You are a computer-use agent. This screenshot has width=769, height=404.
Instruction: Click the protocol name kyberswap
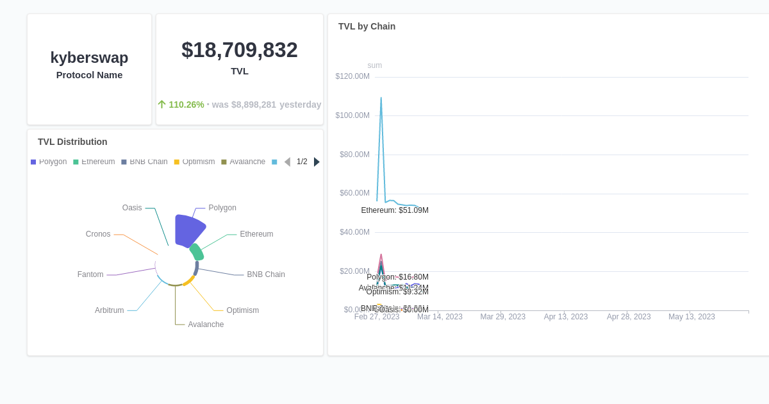(x=89, y=58)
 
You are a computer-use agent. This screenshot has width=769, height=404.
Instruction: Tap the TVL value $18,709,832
(x=239, y=50)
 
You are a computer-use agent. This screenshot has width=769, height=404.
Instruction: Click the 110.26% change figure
(x=186, y=105)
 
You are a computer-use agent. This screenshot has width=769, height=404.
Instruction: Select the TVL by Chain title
(x=367, y=26)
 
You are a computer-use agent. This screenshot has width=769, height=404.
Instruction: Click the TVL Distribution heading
(x=72, y=142)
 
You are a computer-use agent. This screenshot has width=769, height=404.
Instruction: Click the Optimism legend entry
(x=195, y=162)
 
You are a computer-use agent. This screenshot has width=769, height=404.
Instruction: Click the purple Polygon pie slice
(x=186, y=230)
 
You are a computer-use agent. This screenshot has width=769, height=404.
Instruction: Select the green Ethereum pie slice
(x=197, y=252)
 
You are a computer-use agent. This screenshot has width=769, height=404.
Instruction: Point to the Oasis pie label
(x=132, y=208)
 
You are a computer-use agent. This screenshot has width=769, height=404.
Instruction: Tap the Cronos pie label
(x=98, y=234)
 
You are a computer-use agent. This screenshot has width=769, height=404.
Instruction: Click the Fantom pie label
(x=90, y=274)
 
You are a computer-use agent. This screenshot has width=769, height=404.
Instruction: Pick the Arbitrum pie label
(x=109, y=310)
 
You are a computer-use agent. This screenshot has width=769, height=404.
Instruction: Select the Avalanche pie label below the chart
(x=206, y=324)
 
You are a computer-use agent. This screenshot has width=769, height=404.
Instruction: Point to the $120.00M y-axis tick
(x=352, y=76)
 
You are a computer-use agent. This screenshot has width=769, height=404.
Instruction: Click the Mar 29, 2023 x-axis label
(x=502, y=317)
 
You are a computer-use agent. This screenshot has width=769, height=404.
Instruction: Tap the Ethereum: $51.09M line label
(x=395, y=210)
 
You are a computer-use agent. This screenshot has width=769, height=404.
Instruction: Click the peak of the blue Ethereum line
(x=381, y=98)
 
